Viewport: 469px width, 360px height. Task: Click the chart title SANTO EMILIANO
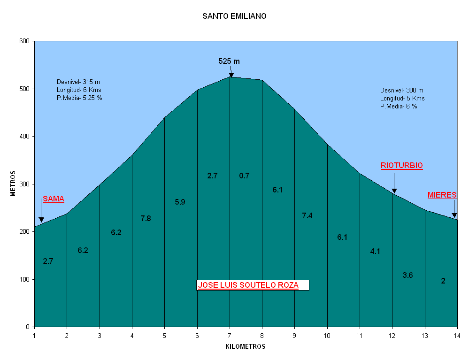(x=234, y=16)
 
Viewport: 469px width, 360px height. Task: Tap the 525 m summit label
(x=229, y=61)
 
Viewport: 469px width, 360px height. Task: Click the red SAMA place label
(x=54, y=199)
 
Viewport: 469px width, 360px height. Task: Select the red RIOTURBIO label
(x=401, y=166)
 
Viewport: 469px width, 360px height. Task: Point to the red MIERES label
(x=442, y=195)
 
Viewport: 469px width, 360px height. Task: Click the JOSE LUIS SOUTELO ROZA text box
(x=253, y=285)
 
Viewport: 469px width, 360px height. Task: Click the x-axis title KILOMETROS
(x=246, y=347)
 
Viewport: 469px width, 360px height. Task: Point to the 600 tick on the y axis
(x=25, y=41)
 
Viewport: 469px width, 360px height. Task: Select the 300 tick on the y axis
(x=25, y=184)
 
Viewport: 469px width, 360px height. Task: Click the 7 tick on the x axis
(x=230, y=336)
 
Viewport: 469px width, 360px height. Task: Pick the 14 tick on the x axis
(x=457, y=336)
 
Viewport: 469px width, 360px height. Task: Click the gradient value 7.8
(x=146, y=218)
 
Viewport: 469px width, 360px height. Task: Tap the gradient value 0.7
(x=244, y=176)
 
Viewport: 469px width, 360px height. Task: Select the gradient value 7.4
(x=307, y=216)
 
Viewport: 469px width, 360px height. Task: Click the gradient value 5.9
(x=180, y=202)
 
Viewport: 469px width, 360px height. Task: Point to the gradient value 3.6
(x=407, y=275)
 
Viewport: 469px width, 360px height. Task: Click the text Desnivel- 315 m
(x=78, y=82)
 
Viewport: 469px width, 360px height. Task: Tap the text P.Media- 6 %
(x=399, y=107)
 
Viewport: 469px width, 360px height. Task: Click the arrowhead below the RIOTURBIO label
(x=394, y=191)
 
